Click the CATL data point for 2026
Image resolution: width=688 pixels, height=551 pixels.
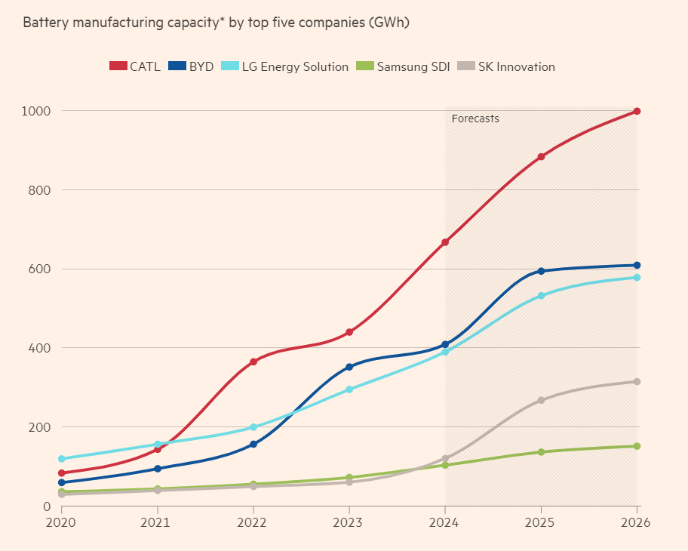(x=637, y=111)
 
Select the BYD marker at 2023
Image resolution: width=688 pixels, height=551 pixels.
(x=349, y=367)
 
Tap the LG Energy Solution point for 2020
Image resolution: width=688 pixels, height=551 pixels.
(x=61, y=458)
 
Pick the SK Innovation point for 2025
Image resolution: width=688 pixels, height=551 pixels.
(x=541, y=400)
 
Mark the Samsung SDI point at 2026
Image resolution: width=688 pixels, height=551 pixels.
(x=637, y=446)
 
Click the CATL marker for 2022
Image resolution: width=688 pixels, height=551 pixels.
(x=253, y=362)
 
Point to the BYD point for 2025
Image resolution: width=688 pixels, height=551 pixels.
(x=541, y=271)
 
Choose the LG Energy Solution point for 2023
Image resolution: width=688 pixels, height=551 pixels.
(x=349, y=389)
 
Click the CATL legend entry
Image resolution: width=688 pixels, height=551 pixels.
(x=135, y=66)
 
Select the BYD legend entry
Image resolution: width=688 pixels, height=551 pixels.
(x=190, y=66)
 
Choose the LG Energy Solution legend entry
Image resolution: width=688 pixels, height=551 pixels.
(x=285, y=66)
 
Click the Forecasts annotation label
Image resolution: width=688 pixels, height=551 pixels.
(x=475, y=119)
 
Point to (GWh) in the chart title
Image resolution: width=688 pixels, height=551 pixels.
(x=389, y=22)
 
